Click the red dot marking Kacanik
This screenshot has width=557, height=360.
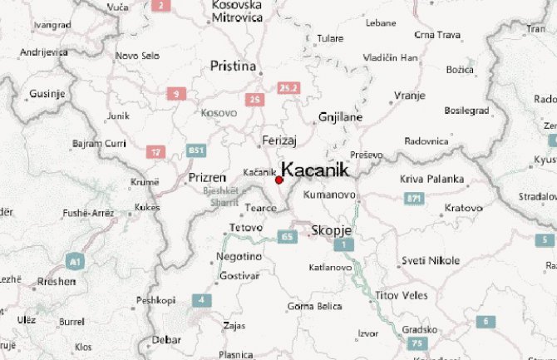point(278,180)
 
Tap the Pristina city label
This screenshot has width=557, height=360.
point(232,66)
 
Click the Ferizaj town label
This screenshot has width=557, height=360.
point(278,140)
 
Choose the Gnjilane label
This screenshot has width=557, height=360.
point(341,117)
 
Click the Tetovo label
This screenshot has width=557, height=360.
point(245,227)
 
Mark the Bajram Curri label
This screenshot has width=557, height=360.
point(97,143)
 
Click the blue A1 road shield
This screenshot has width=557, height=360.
point(76,262)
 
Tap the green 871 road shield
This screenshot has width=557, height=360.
point(415,198)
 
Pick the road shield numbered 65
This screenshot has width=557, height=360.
point(288,237)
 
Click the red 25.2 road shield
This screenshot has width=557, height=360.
point(288,86)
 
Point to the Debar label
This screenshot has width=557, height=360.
point(165,339)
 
